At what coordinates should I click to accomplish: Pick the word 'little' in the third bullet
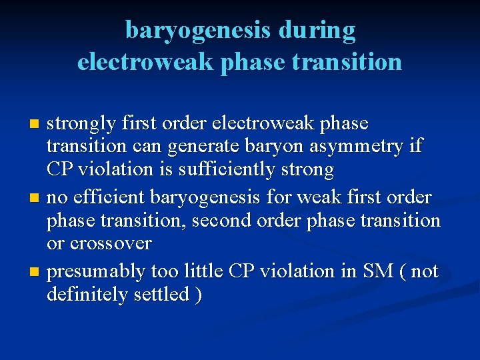(x=201, y=272)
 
